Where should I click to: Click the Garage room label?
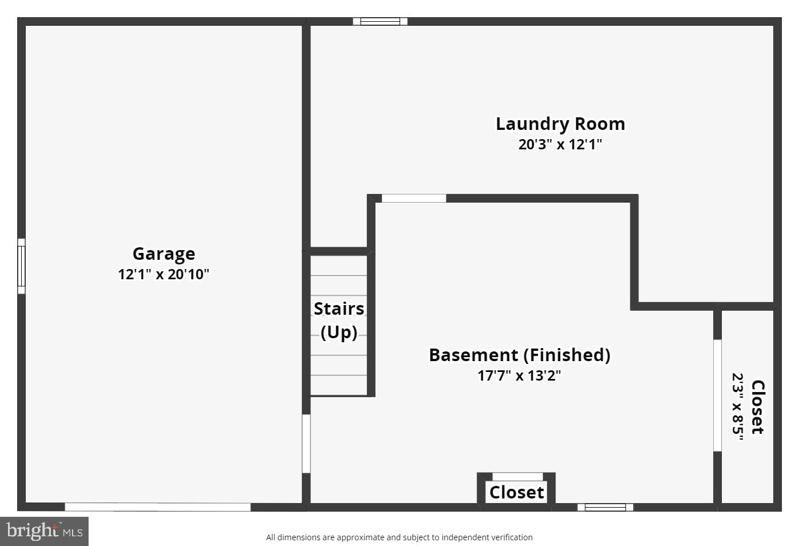[x=163, y=254]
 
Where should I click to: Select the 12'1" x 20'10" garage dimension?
[x=163, y=274]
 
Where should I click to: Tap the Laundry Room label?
[x=560, y=124]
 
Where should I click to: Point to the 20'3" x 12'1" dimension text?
[x=560, y=144]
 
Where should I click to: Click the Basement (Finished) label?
[x=520, y=355]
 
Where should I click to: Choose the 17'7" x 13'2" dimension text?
[x=520, y=375]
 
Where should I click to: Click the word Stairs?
[x=339, y=308]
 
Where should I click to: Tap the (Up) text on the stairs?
[x=339, y=332]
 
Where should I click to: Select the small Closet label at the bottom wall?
[x=517, y=492]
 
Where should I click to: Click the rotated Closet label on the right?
[x=757, y=407]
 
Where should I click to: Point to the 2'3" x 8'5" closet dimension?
[x=738, y=407]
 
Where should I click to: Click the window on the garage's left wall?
[x=21, y=266]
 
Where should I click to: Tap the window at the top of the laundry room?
[x=380, y=22]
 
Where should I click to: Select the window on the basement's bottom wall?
[x=605, y=507]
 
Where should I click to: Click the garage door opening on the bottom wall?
[x=158, y=507]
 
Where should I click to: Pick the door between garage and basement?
[x=306, y=444]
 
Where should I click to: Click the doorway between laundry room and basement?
[x=414, y=199]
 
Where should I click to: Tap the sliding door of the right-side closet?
[x=717, y=395]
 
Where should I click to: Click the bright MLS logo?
[x=45, y=531]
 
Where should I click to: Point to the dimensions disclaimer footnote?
[x=399, y=537]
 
